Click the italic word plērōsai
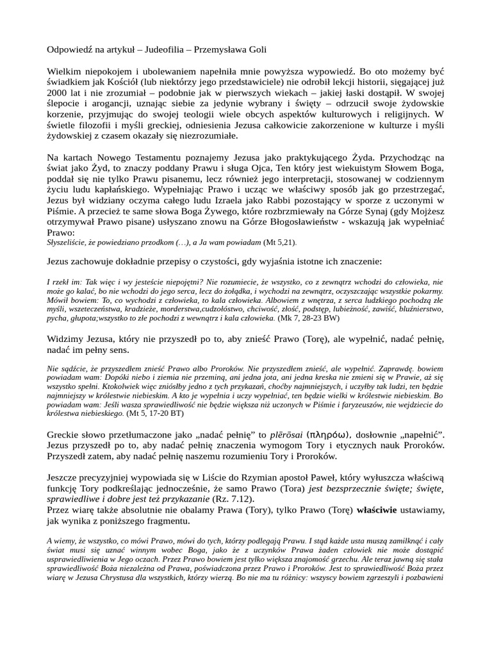click(x=274, y=435)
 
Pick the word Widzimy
click(x=66, y=339)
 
